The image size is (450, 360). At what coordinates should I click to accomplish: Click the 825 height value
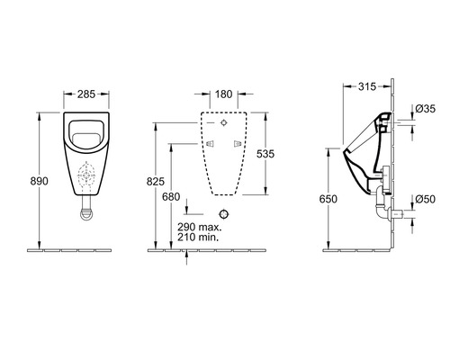(156, 181)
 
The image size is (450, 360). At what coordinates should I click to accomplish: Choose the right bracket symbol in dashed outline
(237, 144)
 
